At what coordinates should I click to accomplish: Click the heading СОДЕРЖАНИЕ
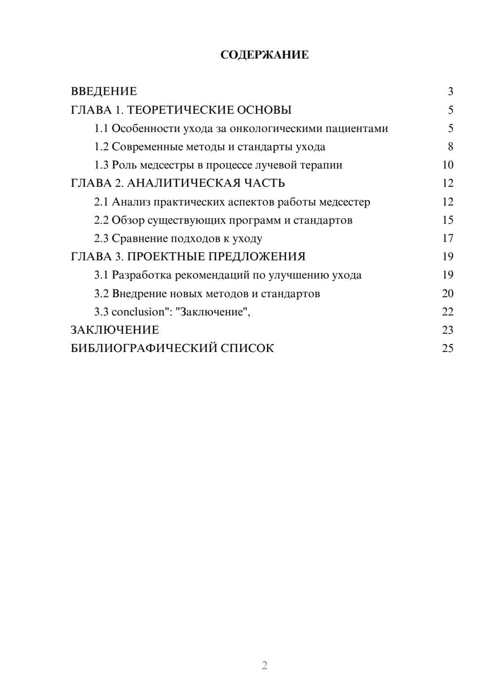click(x=264, y=55)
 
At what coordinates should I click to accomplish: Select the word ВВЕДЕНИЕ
click(x=104, y=91)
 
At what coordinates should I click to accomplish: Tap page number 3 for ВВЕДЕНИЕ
click(x=450, y=91)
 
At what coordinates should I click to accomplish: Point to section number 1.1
click(x=101, y=129)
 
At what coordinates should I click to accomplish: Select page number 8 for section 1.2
click(x=450, y=147)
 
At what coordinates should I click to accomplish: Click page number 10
click(x=448, y=165)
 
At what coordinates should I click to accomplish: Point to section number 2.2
click(x=101, y=220)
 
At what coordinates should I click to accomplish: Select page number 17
click(x=448, y=238)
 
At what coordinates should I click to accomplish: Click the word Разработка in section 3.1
click(x=142, y=275)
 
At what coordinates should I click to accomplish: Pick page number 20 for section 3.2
click(x=448, y=293)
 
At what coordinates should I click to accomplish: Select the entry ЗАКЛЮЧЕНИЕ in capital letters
click(x=115, y=330)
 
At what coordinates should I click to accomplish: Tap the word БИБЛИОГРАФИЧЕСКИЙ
click(x=144, y=348)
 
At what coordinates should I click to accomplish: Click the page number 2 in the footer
click(x=264, y=665)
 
